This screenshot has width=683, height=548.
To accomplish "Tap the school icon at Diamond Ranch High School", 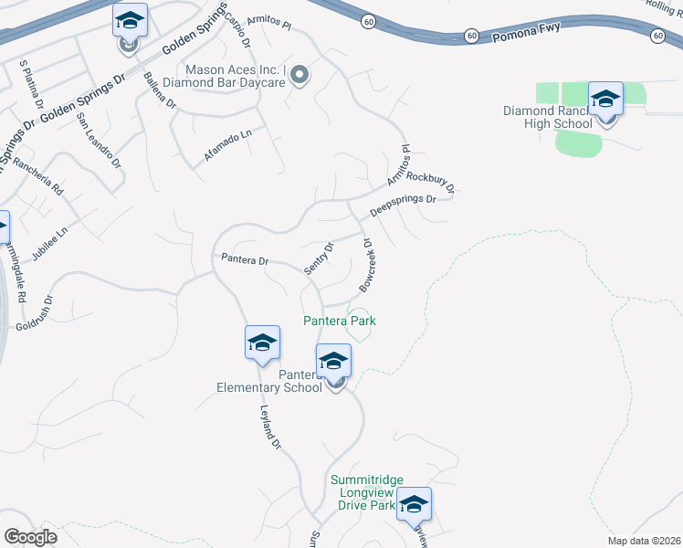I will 605,100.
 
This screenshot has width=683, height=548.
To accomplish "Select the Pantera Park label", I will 340,321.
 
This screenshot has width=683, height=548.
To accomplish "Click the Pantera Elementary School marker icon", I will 334,362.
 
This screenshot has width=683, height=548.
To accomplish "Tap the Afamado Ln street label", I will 227,146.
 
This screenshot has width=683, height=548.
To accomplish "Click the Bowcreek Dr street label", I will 367,266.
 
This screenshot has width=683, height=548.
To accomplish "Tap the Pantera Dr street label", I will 245,259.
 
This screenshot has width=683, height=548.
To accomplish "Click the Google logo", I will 30,537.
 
